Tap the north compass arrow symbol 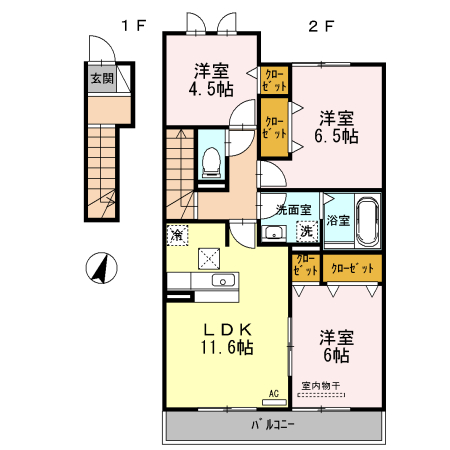click(99, 267)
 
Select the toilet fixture click(211, 160)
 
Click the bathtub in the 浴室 click(367, 219)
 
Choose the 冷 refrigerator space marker click(176, 236)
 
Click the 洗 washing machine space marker click(307, 231)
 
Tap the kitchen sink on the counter click(222, 280)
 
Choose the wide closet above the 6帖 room click(352, 268)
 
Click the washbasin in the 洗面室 click(272, 233)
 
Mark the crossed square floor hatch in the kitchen click(211, 259)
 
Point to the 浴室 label click(337, 220)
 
